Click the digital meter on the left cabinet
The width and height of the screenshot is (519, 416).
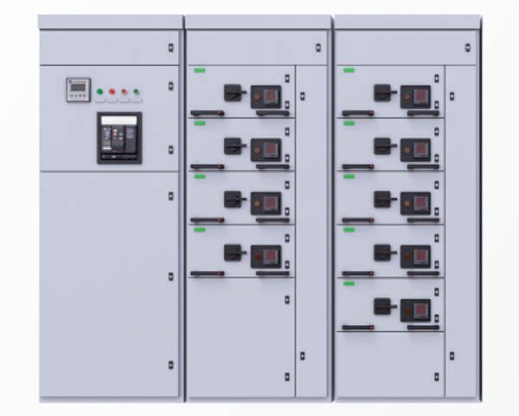point(79,89)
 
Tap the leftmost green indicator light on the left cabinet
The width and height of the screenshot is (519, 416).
point(100,90)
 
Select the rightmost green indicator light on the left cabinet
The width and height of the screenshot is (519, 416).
point(137,90)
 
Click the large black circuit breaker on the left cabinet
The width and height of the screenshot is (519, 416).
point(119,138)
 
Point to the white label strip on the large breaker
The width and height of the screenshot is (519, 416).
point(119,120)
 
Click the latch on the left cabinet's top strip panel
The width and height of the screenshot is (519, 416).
point(170,48)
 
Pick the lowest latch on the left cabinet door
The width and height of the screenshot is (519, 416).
point(170,365)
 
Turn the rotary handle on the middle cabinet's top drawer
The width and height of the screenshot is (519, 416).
point(233,91)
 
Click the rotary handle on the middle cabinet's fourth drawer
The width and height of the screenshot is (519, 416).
point(233,252)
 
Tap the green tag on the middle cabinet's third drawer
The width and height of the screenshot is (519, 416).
point(200,177)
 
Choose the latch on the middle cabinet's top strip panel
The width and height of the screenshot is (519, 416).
point(318,48)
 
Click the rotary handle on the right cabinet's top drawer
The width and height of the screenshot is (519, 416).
point(382,91)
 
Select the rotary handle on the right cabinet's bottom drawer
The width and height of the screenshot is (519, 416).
point(382,305)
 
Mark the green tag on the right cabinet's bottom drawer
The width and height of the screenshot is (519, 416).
point(349,283)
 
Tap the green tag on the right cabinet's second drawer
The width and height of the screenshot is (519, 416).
point(349,123)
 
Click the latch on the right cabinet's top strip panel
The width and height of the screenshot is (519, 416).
point(468,48)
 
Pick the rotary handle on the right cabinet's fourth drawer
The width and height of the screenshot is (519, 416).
point(382,252)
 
